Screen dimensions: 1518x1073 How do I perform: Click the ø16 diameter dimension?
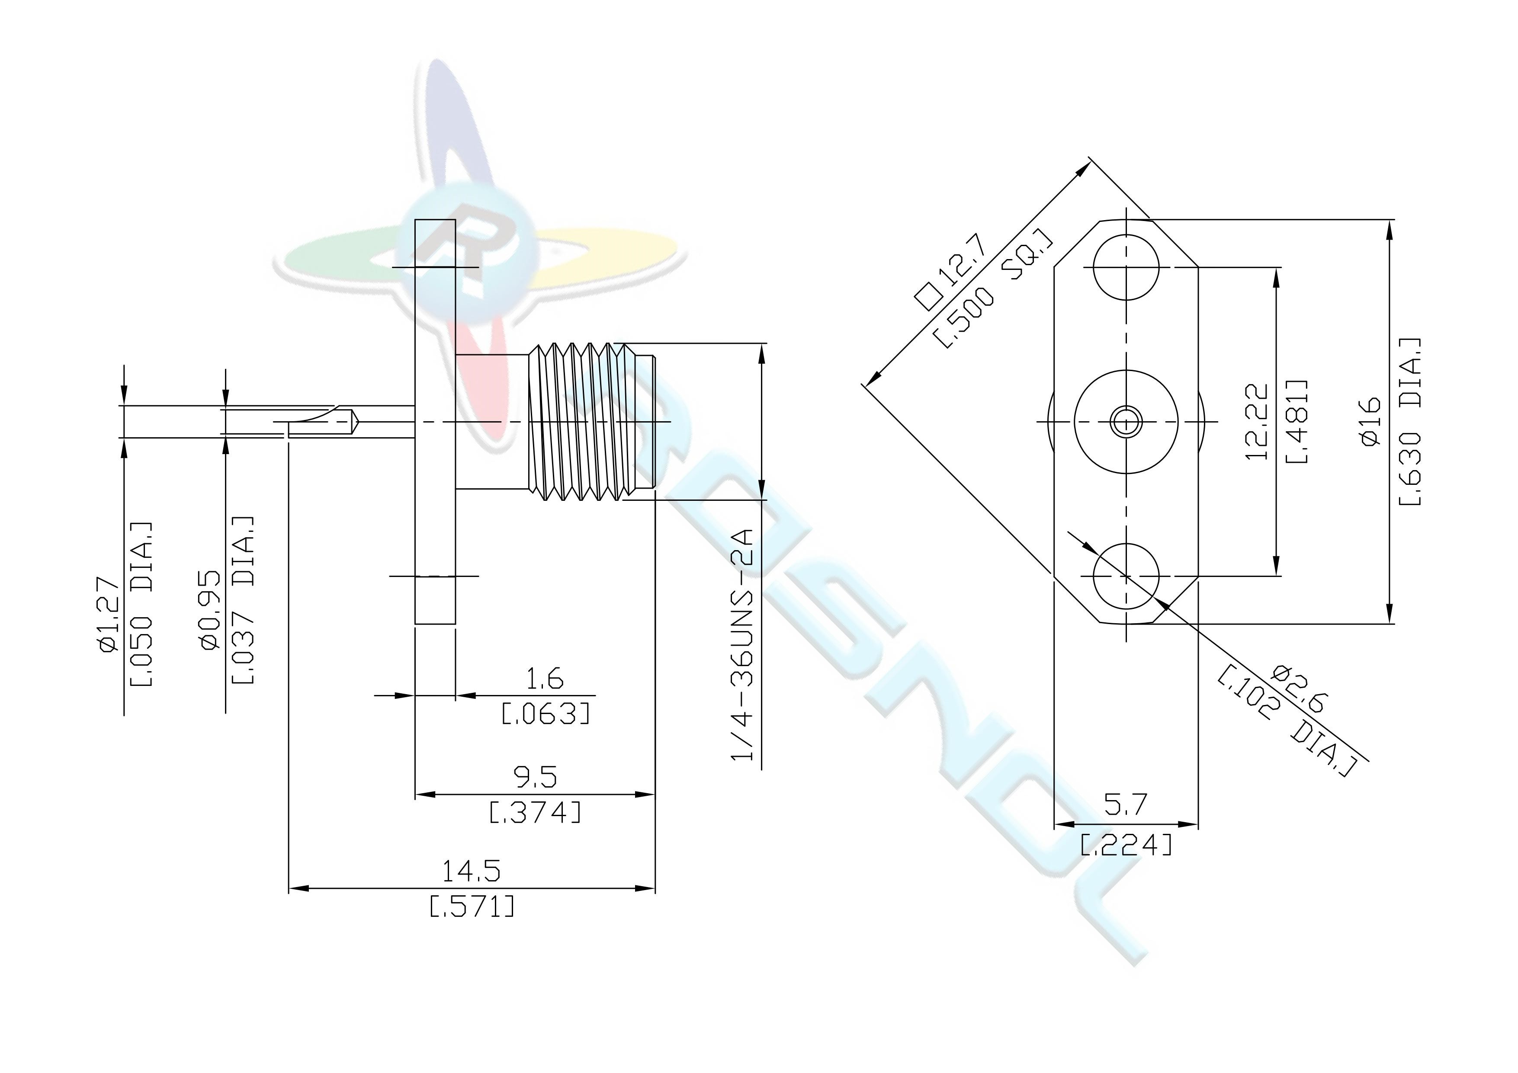1370,422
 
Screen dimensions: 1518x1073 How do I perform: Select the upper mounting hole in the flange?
1126,268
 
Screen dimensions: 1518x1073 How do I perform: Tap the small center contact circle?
1126,421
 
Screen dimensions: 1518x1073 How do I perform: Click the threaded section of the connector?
592,421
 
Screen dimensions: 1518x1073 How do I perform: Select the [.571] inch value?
472,906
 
